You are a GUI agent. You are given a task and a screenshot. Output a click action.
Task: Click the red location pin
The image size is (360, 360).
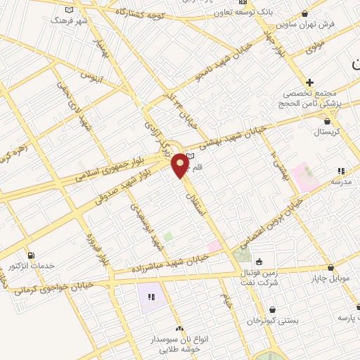click(181, 166)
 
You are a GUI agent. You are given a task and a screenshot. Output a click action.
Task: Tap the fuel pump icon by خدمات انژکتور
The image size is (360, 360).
click(30, 255)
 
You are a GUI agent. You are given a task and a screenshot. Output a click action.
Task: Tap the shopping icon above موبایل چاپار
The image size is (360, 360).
click(330, 267)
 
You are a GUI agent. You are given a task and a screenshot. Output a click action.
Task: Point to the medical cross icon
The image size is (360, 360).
click(309, 82)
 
